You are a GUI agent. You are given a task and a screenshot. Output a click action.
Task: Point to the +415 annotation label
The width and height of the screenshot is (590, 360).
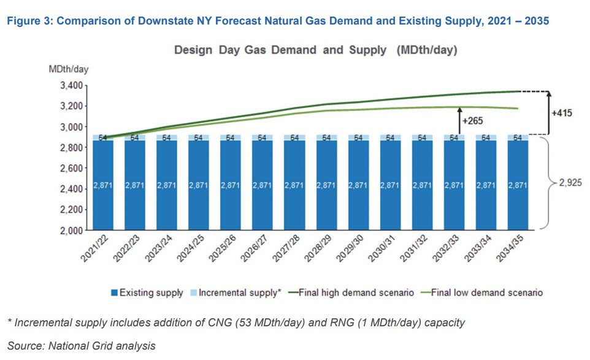[x=565, y=113]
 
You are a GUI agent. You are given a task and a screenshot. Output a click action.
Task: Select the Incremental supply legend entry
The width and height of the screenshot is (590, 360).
[x=237, y=293]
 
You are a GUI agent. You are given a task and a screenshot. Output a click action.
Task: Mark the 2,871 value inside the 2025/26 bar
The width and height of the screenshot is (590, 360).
[x=229, y=185]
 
